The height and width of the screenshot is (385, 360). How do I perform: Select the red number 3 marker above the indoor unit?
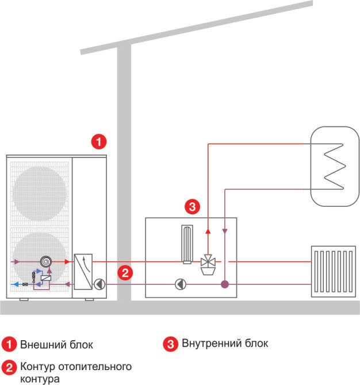[193, 206]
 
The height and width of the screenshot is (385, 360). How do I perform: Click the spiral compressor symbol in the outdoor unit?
[45, 261]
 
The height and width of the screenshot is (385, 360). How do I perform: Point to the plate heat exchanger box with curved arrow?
[85, 271]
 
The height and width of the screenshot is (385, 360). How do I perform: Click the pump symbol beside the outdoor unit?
[100, 283]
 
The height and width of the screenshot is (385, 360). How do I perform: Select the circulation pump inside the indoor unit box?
[181, 283]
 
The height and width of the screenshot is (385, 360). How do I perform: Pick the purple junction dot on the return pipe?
[225, 284]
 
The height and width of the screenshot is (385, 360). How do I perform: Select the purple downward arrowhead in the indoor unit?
[225, 231]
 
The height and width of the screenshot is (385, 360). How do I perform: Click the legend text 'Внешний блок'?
[56, 345]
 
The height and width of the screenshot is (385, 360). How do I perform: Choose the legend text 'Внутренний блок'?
[225, 344]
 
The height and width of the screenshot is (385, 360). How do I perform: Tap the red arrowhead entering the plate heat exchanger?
[68, 261]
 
